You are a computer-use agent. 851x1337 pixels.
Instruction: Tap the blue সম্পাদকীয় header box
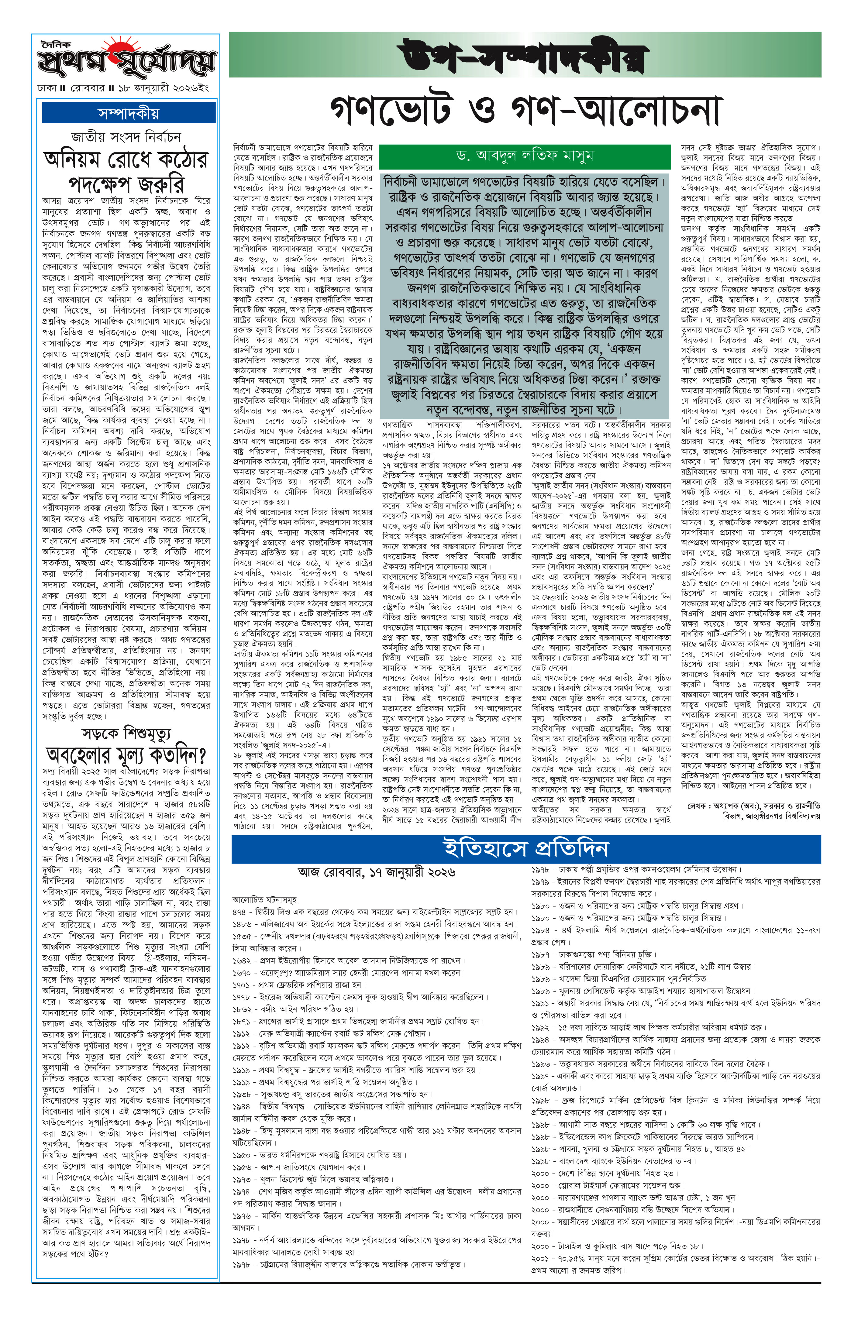click(129, 113)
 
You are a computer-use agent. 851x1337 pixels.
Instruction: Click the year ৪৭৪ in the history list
click(239, 912)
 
